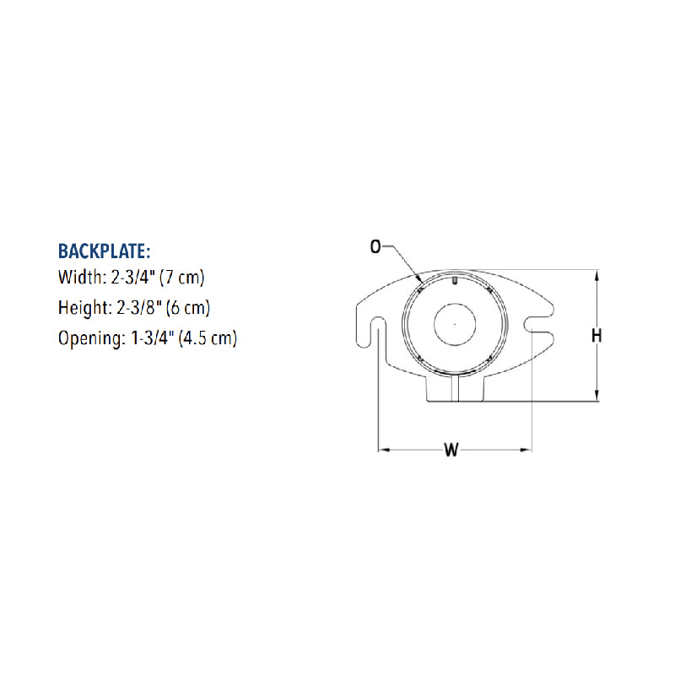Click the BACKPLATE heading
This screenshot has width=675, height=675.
[x=104, y=251]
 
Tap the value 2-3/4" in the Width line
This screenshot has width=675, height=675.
[x=132, y=277]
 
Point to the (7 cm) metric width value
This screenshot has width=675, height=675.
[x=181, y=278]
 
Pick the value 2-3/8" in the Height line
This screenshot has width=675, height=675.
[x=138, y=307]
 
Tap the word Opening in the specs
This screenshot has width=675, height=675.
[x=91, y=338]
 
